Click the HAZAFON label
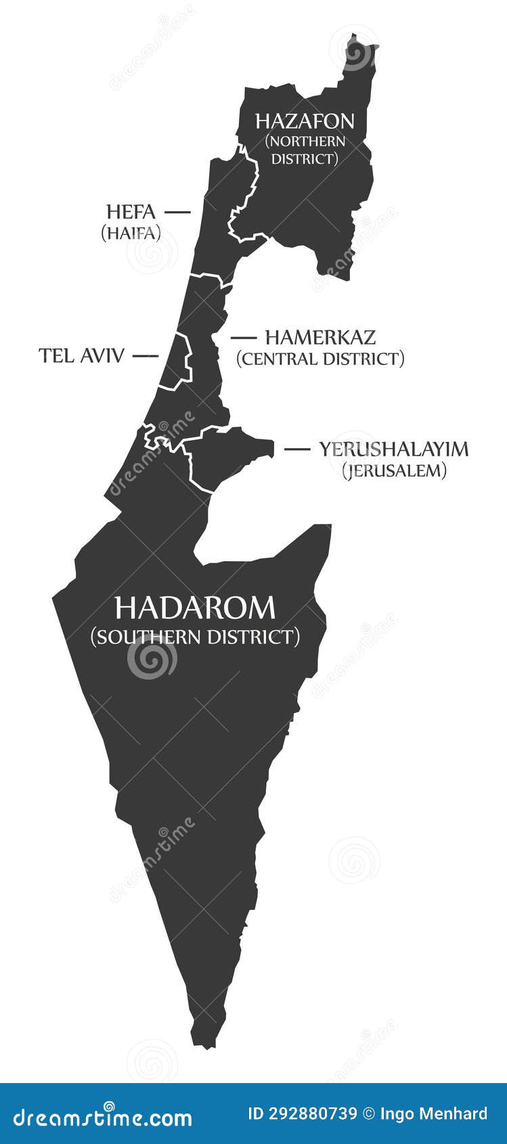305,121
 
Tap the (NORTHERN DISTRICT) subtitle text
305,150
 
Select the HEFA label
131,212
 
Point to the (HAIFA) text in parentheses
131,233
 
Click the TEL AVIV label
81,355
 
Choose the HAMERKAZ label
320,337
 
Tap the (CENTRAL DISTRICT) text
320,358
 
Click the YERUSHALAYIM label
394,449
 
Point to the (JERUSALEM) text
394,470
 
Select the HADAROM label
195,608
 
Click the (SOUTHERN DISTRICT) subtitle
195,637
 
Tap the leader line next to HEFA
177,212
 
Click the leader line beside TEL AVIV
146,355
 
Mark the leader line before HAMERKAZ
244,337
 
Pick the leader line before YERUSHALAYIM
296,449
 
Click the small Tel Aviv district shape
176,362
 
